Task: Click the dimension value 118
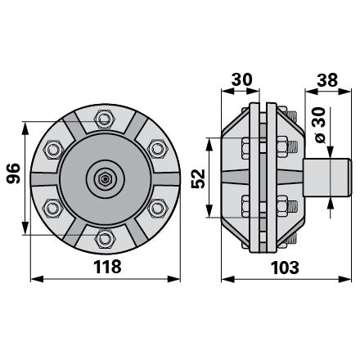[x=107, y=267]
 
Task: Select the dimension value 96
[x=13, y=173]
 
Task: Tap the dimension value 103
[x=285, y=268]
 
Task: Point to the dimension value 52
[x=198, y=178]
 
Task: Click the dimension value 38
[x=327, y=80]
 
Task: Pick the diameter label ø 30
[x=320, y=125]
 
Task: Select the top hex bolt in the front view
[x=104, y=119]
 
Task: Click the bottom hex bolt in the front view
[x=105, y=239]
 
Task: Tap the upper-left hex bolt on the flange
[x=53, y=150]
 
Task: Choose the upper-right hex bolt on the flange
[x=157, y=149]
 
